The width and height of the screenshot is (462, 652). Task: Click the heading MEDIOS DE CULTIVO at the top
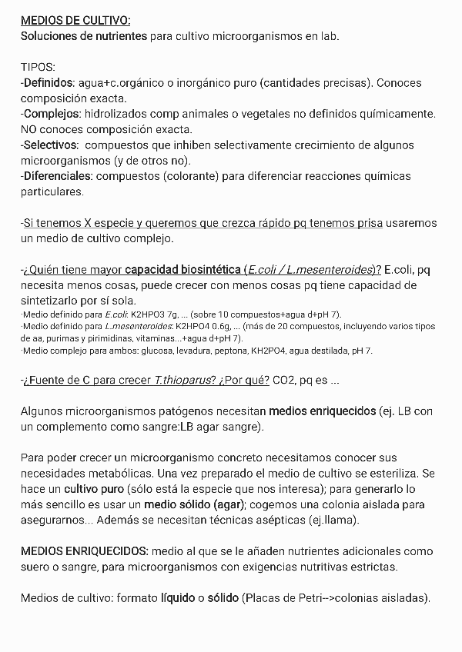(75, 21)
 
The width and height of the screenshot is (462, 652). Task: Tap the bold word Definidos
(49, 82)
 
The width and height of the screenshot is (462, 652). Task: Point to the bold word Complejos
(50, 114)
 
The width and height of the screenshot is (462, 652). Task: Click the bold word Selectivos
(51, 145)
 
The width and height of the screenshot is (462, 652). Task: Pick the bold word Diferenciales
(57, 176)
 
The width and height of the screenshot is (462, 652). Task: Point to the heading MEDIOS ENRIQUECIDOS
(84, 551)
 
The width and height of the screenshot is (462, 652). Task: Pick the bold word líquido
(178, 598)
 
